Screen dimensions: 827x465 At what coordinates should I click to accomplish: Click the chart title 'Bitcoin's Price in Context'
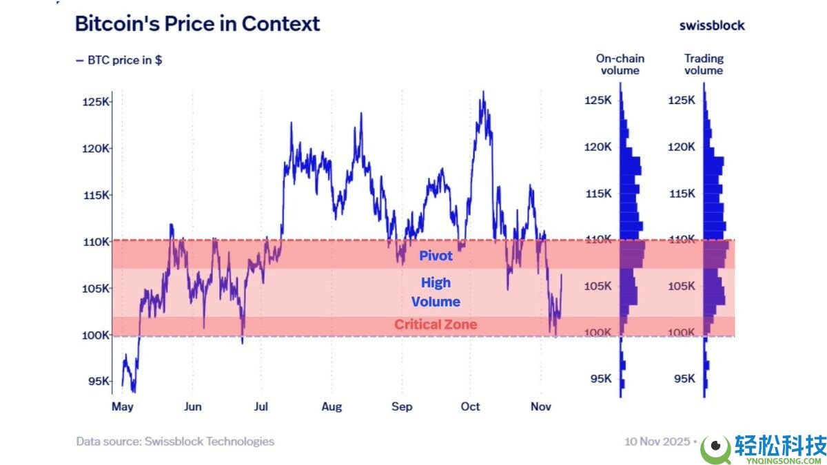pos(198,24)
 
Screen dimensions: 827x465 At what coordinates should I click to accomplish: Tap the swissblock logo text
pos(712,25)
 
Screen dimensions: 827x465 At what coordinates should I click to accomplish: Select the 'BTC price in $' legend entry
pos(119,60)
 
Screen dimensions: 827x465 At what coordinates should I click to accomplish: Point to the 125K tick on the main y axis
pos(96,101)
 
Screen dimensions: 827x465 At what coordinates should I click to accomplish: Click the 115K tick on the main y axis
pos(96,195)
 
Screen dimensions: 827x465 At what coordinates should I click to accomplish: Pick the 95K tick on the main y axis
pos(99,381)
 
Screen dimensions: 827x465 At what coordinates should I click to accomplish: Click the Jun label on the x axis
pos(193,406)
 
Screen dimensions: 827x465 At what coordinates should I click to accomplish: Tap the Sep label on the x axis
pos(402,406)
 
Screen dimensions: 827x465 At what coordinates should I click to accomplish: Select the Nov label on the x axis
pos(541,406)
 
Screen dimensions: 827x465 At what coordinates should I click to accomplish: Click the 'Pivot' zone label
pos(436,256)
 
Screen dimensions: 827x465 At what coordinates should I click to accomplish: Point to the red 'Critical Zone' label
pos(436,324)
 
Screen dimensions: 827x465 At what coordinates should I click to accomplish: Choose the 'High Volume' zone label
pos(436,292)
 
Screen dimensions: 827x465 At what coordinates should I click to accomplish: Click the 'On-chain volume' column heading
pos(620,64)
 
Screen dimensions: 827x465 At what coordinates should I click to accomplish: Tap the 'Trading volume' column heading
pos(704,64)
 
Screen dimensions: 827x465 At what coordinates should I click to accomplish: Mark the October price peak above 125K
pos(483,92)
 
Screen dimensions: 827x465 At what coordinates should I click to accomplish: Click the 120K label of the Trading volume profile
pos(681,147)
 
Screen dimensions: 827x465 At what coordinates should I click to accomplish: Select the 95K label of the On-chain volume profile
pos(601,379)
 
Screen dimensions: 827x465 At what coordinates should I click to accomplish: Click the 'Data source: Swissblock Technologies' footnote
pos(175,442)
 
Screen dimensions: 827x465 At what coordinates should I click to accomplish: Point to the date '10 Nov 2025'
pos(657,442)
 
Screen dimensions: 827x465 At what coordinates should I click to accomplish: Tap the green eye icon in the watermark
pos(716,448)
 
